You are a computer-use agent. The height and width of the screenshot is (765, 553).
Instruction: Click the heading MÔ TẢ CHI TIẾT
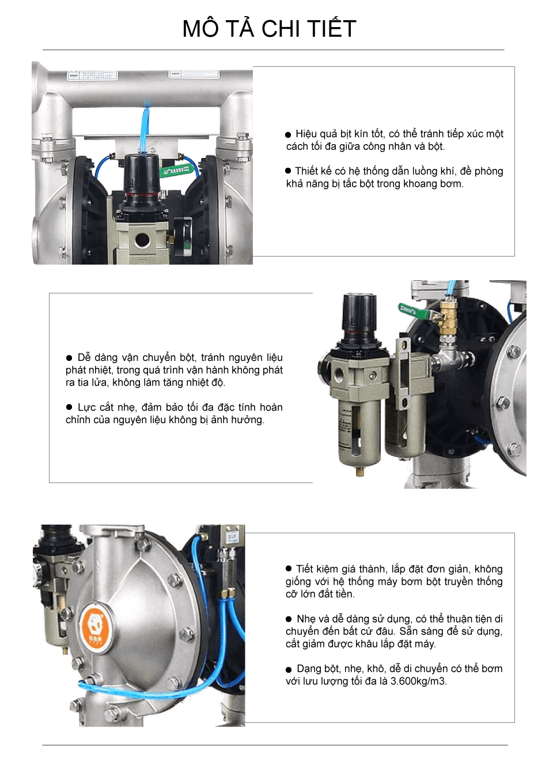270,28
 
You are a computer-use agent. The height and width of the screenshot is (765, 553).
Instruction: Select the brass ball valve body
448,318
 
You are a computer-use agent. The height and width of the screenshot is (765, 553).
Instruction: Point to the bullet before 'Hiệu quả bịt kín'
288,134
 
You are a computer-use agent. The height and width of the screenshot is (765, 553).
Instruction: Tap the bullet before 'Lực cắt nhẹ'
69,407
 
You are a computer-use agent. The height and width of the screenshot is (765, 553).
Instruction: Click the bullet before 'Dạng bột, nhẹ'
289,670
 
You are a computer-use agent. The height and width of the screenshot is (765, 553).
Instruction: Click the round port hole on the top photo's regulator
142,240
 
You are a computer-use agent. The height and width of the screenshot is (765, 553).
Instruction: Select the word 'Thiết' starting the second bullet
308,171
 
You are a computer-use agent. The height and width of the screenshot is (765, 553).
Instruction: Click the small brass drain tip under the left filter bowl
359,472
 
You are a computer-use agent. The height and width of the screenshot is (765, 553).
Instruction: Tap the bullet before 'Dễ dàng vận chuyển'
69,357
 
